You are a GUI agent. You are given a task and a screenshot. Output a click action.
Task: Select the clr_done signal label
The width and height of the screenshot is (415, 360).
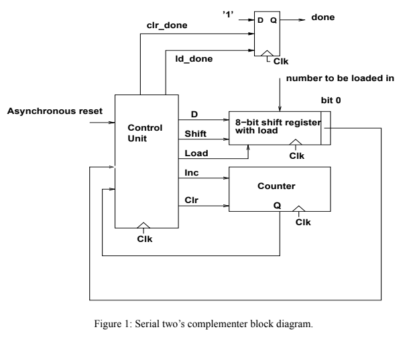point(167,25)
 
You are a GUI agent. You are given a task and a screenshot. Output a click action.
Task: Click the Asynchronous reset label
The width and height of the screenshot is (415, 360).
point(54,110)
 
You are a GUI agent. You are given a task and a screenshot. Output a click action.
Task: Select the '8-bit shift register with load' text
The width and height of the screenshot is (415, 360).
point(275,127)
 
